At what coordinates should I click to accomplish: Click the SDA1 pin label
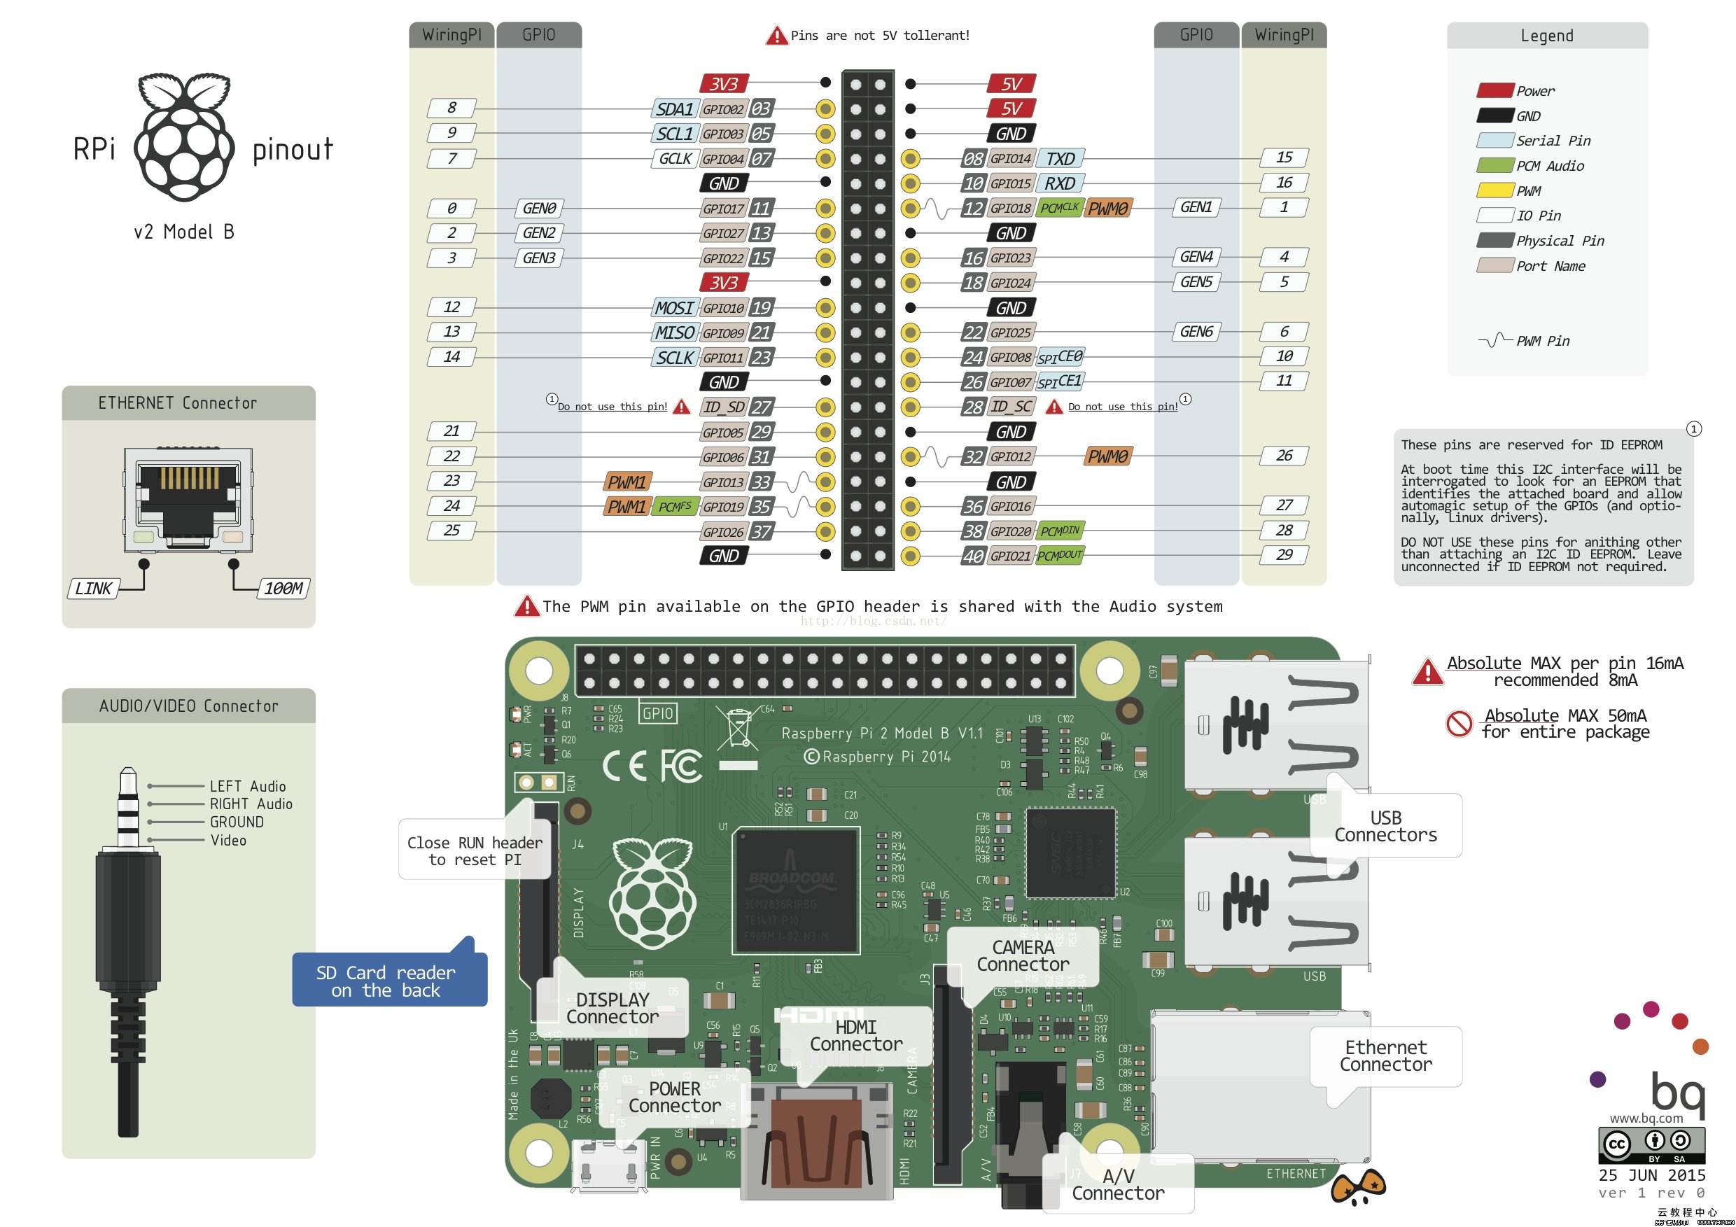coord(674,109)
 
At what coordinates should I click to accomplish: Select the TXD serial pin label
coord(1060,159)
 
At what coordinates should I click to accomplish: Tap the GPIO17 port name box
coord(723,209)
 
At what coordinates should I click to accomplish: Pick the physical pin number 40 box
coord(972,556)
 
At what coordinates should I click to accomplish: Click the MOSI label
coord(673,308)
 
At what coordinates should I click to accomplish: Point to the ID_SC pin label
coord(1011,407)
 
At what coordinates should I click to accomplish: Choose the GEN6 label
coord(1196,332)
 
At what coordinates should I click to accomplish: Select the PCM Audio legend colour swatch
coord(1494,166)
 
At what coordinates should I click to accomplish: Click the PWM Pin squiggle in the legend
coord(1494,341)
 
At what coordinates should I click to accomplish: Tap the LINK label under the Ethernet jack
coord(93,589)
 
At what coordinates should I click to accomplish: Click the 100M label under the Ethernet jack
coord(283,589)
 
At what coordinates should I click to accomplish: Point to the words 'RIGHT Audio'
coord(251,804)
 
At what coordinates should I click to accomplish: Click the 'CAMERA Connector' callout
coord(1022,956)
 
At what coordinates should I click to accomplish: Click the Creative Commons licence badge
coord(1651,1144)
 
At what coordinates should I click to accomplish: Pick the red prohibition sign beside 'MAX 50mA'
coord(1459,724)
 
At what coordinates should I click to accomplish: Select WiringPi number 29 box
coord(1284,555)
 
